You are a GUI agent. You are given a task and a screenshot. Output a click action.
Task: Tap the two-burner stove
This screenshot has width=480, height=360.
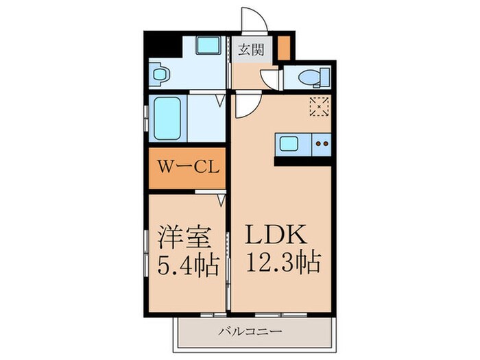tap(321, 144)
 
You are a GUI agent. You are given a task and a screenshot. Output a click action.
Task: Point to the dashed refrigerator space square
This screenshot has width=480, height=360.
tap(320, 106)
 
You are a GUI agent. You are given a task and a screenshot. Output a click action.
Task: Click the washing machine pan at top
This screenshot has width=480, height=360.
tap(207, 46)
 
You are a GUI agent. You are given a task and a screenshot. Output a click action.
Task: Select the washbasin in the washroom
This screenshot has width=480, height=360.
tap(160, 73)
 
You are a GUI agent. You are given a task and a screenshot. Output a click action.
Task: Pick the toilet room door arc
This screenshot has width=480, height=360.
tap(270, 79)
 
